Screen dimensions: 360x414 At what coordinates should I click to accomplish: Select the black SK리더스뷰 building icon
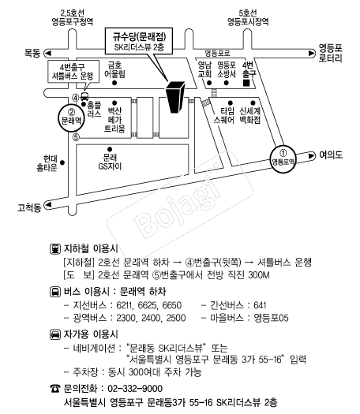click(174, 97)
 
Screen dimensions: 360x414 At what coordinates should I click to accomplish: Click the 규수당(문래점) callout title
click(139, 37)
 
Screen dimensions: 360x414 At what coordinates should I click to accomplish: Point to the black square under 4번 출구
click(246, 83)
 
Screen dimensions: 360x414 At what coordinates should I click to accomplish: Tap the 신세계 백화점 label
click(250, 115)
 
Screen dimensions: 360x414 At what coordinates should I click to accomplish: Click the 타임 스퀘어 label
click(224, 115)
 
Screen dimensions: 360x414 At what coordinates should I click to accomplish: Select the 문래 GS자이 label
click(110, 162)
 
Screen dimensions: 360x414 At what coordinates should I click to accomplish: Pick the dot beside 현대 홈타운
click(62, 162)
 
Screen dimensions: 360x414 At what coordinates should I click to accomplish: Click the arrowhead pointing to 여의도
click(312, 155)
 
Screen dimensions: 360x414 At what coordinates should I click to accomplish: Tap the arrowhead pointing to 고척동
click(48, 204)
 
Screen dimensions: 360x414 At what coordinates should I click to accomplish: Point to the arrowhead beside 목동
click(48, 54)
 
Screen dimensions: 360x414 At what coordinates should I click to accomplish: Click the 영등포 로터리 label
click(331, 53)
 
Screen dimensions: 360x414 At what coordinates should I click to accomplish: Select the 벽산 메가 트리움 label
click(114, 120)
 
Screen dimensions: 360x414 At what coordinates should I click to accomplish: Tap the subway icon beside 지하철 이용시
click(54, 249)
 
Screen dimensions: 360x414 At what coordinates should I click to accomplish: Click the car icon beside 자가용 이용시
click(54, 334)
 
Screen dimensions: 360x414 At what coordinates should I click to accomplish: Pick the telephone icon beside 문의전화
click(55, 389)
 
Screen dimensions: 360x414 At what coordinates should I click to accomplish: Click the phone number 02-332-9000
click(135, 389)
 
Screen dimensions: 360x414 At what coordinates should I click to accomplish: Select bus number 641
click(260, 305)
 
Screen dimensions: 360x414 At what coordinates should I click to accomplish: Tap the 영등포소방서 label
click(227, 69)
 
